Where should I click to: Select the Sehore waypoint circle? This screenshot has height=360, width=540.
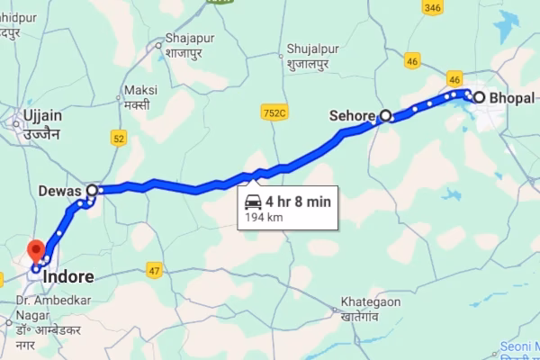click(386, 116)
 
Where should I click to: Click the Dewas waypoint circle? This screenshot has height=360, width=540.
click(92, 191)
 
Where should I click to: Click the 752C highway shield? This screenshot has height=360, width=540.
click(274, 112)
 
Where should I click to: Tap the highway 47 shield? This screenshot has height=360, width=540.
click(155, 270)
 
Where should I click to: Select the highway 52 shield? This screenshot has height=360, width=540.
click(119, 137)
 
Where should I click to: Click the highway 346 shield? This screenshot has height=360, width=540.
click(433, 8)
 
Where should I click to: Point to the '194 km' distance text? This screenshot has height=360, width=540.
click(264, 217)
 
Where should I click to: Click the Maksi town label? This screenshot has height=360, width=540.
click(141, 96)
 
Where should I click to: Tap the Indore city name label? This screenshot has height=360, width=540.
click(68, 267)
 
